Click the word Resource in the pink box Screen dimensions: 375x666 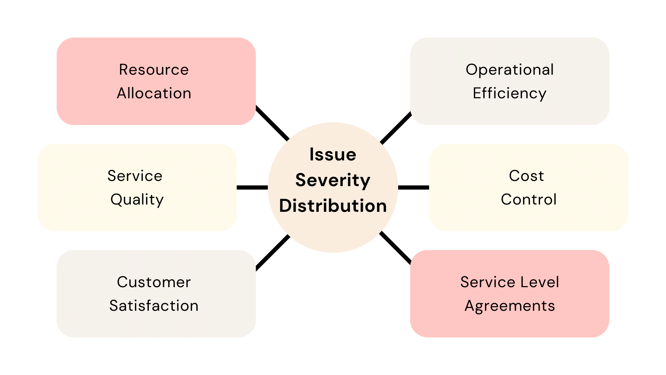(154, 70)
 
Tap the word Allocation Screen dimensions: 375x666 (154, 93)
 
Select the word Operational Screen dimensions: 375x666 (509, 70)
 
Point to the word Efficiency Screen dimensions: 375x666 (509, 94)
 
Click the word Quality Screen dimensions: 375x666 (137, 200)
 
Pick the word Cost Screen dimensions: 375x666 (526, 176)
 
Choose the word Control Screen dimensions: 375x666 (529, 200)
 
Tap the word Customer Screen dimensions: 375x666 (154, 282)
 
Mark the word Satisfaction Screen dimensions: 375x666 (154, 306)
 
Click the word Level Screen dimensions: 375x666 (542, 282)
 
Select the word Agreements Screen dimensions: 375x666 (510, 306)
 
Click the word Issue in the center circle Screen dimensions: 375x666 (333, 155)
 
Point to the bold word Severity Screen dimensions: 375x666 (333, 181)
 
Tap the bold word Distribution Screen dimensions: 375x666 (333, 206)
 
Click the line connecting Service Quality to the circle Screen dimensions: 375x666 (252, 187)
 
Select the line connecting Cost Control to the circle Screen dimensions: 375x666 (413, 187)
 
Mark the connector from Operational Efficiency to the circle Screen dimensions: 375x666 (396, 128)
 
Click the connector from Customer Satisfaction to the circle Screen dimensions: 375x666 (273, 252)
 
